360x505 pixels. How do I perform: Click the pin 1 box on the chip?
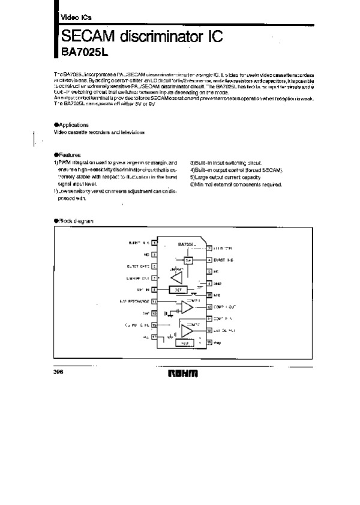point(154,243)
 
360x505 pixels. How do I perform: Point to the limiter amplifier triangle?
point(176,278)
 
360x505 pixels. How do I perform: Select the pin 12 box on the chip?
point(209,307)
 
